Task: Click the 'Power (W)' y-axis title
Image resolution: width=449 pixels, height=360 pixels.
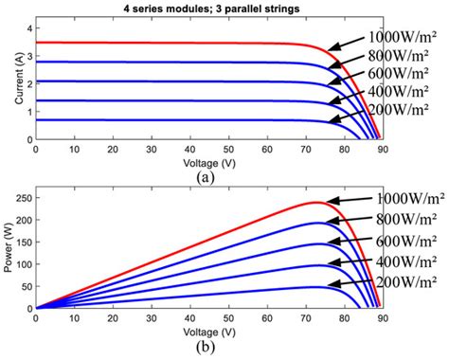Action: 9,248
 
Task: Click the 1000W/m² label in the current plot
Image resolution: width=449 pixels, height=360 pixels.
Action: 402,35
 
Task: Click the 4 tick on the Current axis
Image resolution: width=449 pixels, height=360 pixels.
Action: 27,29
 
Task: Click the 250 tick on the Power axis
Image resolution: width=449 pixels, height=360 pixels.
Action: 23,197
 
